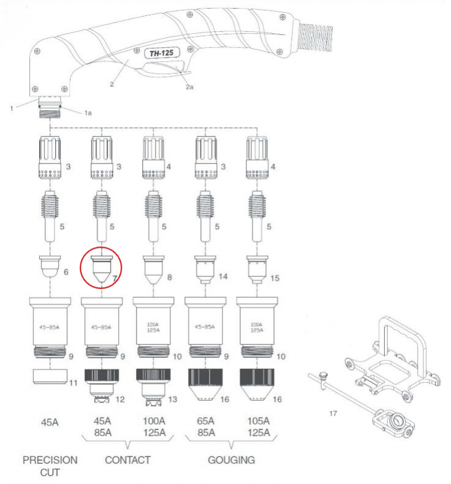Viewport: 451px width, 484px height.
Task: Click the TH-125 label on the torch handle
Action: (x=162, y=53)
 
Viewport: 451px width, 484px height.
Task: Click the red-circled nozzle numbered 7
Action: (x=102, y=269)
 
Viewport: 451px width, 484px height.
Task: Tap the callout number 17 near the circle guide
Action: (x=333, y=414)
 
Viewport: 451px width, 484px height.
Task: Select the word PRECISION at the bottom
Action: (x=50, y=460)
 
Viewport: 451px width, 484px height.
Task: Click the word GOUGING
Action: (x=232, y=460)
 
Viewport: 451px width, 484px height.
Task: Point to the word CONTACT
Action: (x=128, y=460)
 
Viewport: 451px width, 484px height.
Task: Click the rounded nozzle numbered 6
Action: (x=50, y=267)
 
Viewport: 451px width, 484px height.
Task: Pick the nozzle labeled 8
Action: (x=153, y=270)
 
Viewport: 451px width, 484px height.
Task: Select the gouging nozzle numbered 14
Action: (x=205, y=270)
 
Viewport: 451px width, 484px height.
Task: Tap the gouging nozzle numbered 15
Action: (x=257, y=270)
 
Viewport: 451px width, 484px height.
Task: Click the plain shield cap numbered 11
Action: (x=50, y=376)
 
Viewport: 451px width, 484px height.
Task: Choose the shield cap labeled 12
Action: (x=102, y=385)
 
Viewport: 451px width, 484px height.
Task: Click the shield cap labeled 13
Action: (x=153, y=387)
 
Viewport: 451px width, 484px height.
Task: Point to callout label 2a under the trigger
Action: (x=189, y=87)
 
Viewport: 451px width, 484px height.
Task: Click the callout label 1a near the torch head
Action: (x=88, y=113)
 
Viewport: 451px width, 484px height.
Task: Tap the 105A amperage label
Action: (x=259, y=421)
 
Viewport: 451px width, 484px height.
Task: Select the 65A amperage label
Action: (x=206, y=421)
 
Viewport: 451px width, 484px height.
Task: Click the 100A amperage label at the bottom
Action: (x=154, y=421)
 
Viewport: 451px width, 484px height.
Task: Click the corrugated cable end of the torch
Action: (x=315, y=37)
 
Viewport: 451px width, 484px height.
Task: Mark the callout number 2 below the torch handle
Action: (x=112, y=84)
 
